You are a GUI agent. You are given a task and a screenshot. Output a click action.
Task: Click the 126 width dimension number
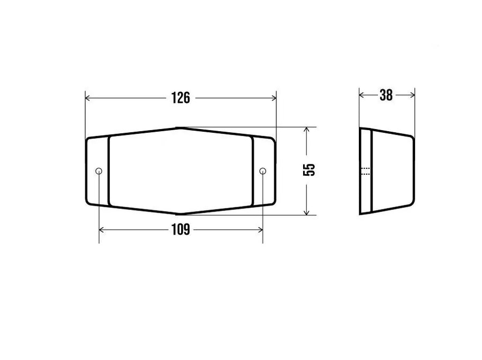(x=180, y=97)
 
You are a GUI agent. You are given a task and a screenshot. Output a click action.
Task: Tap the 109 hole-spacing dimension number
(x=180, y=230)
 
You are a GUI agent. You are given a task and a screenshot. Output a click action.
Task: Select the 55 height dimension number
(x=309, y=169)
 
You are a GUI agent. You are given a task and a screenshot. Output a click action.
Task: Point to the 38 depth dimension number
(x=386, y=95)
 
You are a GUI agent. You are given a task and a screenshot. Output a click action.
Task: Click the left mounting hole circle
(x=99, y=171)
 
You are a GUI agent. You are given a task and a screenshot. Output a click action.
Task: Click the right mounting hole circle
(x=262, y=171)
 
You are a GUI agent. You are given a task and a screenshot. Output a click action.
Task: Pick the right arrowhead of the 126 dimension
(x=274, y=98)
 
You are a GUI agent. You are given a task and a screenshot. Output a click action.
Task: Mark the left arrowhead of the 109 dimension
(x=101, y=230)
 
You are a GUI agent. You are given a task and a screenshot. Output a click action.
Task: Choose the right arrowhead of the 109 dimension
(x=260, y=230)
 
